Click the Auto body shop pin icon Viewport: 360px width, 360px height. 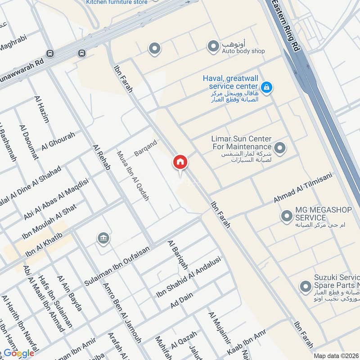(x=212, y=45)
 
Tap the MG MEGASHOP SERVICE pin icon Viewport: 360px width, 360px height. (x=286, y=216)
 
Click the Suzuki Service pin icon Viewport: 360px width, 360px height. (x=306, y=286)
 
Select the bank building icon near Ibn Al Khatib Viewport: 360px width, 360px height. (x=103, y=238)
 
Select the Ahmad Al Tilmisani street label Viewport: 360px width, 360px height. (x=302, y=189)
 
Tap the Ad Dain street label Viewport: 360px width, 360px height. (x=182, y=300)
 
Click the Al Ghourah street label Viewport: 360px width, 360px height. (x=58, y=141)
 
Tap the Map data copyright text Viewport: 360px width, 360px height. (x=336, y=355)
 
